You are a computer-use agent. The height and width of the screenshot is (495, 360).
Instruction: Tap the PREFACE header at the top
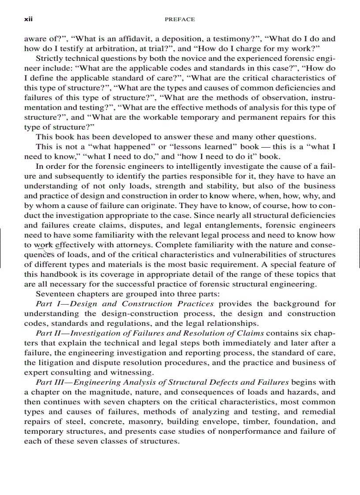click(x=180, y=19)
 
